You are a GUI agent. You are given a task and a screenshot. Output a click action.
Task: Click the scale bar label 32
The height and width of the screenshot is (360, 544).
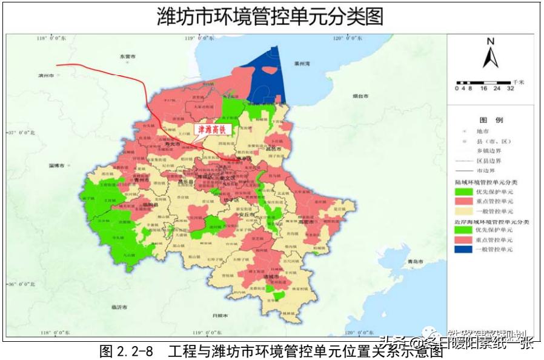pyautogui.click(x=511, y=88)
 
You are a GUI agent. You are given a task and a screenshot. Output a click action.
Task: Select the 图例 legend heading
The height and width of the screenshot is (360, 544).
pyautogui.click(x=491, y=120)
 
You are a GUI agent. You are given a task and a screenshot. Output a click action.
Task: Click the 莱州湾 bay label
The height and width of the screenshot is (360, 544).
pyautogui.click(x=301, y=63)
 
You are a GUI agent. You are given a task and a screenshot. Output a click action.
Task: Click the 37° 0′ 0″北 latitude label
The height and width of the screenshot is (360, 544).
pyautogui.click(x=21, y=132)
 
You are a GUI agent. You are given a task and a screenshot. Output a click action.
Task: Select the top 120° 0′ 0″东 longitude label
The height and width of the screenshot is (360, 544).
pyautogui.click(x=347, y=38)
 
